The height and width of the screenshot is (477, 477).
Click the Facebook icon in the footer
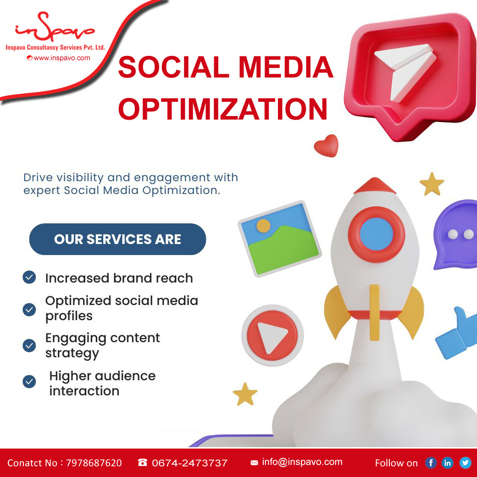click(431, 463)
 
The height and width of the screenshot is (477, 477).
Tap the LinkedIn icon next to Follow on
click(447, 463)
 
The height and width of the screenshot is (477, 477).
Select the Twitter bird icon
click(465, 463)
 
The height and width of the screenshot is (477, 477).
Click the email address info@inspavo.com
click(302, 462)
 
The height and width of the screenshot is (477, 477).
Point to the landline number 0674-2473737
click(189, 463)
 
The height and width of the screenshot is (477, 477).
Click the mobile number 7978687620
click(94, 463)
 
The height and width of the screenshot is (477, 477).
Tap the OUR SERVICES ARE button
click(117, 239)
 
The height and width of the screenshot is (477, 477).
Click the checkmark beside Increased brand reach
click(29, 277)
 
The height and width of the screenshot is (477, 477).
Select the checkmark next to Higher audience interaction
click(29, 382)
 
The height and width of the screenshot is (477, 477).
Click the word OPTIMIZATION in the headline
click(223, 109)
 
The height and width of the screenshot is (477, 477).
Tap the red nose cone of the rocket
click(375, 186)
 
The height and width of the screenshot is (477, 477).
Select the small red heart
click(327, 146)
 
